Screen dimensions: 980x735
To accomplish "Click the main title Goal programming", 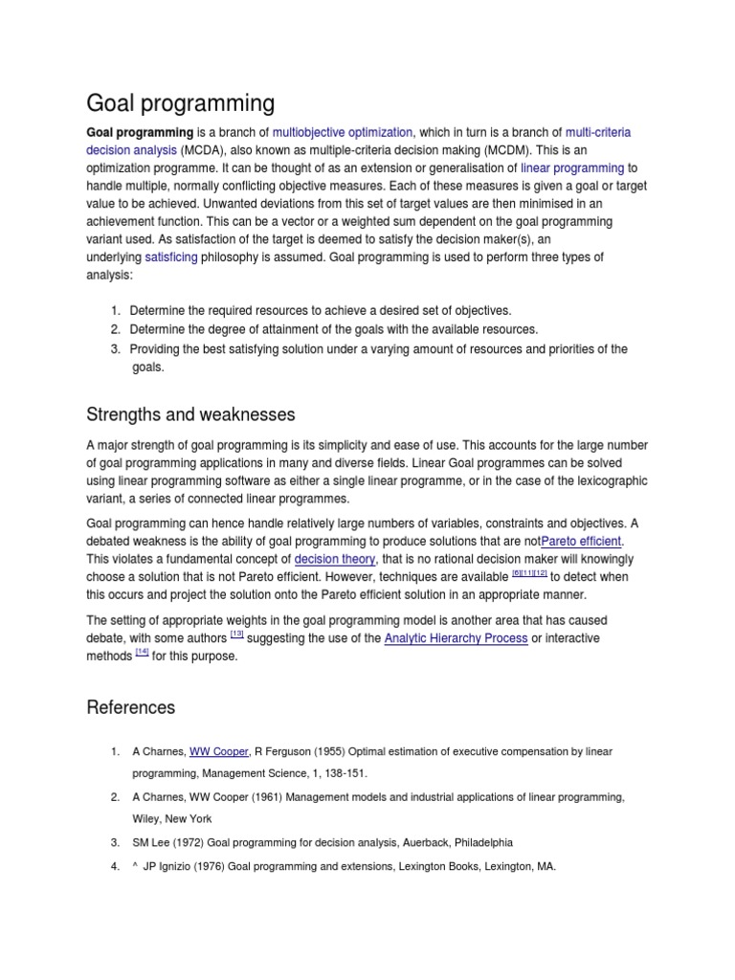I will (180, 103).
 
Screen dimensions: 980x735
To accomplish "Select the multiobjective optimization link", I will (342, 132).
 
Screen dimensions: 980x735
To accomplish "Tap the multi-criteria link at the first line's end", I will (598, 132).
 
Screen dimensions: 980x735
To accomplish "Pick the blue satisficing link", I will (171, 257).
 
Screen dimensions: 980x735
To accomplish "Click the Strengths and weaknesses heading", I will (190, 414).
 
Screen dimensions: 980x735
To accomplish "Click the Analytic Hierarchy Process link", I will (456, 638).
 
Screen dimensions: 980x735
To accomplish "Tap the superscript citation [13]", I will (236, 634).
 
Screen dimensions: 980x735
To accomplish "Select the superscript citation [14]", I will (142, 652).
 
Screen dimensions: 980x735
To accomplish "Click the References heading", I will (131, 708).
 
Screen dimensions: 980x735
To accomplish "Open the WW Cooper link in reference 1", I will (218, 752).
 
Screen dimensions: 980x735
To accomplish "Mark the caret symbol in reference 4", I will (135, 866).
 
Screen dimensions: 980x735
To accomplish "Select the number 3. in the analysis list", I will (115, 349).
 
